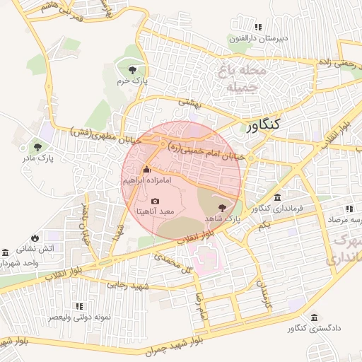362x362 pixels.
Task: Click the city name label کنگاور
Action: click(264, 126)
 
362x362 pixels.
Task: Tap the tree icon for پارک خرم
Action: click(132, 69)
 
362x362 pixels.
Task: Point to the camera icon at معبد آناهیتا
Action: click(156, 202)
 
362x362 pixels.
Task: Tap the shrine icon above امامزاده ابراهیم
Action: click(146, 170)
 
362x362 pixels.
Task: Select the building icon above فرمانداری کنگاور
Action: click(277, 197)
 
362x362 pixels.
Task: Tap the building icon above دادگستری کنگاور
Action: click(314, 318)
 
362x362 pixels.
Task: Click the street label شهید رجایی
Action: click(127, 286)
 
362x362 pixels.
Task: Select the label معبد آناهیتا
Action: click(155, 212)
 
